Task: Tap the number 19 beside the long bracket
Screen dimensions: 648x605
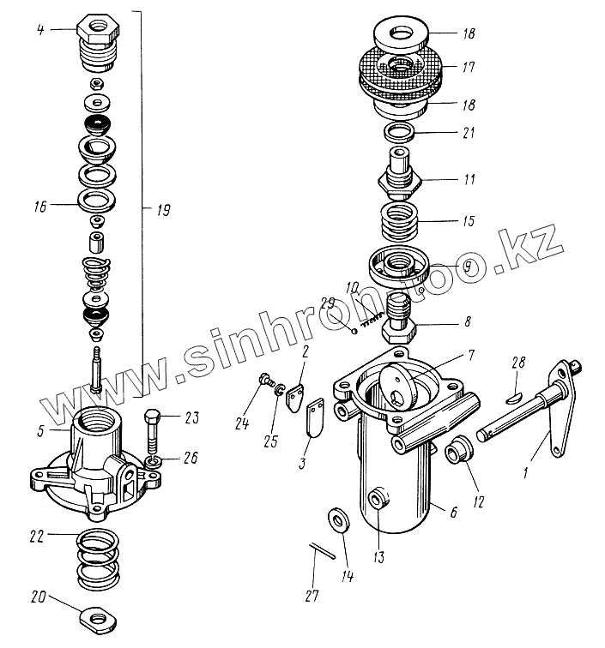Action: (x=161, y=208)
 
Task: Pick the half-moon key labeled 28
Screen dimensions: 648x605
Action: (x=513, y=395)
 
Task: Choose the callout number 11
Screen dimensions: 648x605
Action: (x=469, y=181)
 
